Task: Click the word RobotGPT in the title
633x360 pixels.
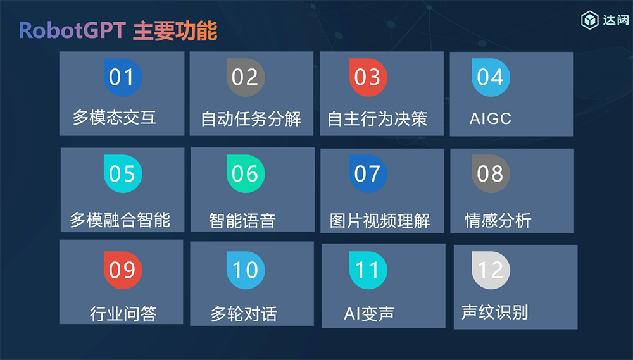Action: click(73, 31)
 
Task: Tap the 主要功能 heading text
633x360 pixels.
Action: click(175, 31)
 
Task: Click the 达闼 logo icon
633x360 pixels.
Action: click(590, 20)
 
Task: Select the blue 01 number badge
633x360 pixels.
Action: click(122, 77)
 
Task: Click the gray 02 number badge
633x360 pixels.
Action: click(245, 77)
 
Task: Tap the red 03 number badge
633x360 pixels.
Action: click(367, 77)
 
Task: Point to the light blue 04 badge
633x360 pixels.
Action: click(490, 77)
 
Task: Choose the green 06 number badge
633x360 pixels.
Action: click(245, 173)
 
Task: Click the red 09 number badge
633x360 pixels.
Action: click(122, 270)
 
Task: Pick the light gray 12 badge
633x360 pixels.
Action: click(490, 270)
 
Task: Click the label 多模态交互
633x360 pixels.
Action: click(115, 118)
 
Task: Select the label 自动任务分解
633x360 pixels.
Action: click(251, 118)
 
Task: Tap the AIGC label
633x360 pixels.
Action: click(491, 118)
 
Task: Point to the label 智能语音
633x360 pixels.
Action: click(242, 221)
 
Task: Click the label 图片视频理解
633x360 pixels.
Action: click(380, 221)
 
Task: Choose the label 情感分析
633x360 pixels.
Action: click(498, 221)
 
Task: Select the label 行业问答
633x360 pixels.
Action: click(123, 313)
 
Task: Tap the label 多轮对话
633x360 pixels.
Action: click(244, 314)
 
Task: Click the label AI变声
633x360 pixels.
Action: click(369, 314)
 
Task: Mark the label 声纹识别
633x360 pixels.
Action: click(495, 312)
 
